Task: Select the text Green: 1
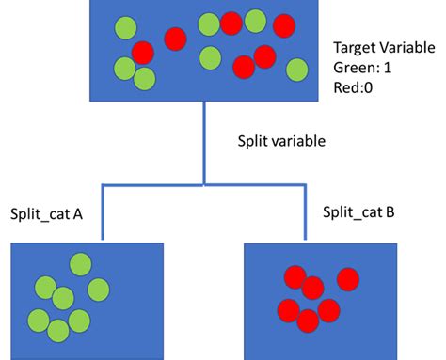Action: point(361,67)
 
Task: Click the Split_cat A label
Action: point(46,214)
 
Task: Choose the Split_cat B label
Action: point(358,211)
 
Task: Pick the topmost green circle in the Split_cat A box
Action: point(80,264)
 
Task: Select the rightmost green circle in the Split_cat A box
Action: point(98,289)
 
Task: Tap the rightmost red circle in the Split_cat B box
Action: point(349,279)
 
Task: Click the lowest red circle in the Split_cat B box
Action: point(307,321)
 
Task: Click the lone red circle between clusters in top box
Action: point(175,39)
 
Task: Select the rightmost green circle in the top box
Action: point(296,70)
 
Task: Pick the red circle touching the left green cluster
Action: point(142,52)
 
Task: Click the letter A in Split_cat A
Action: point(78,214)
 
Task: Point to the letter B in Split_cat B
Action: point(390,211)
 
